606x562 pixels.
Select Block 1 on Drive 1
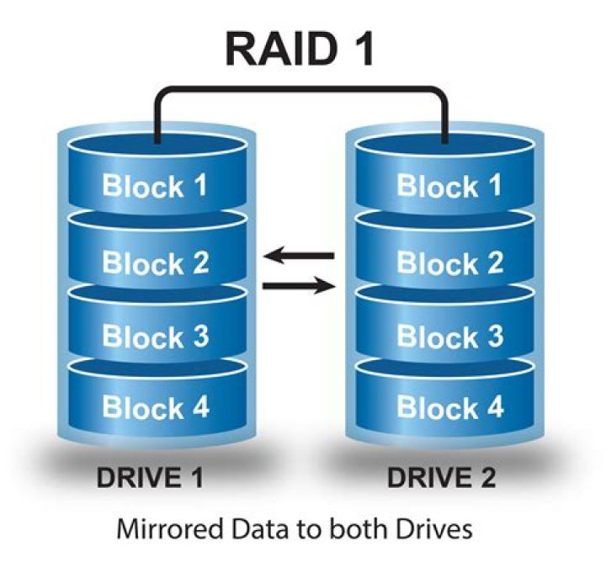155,185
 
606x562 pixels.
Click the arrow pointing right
299,287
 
